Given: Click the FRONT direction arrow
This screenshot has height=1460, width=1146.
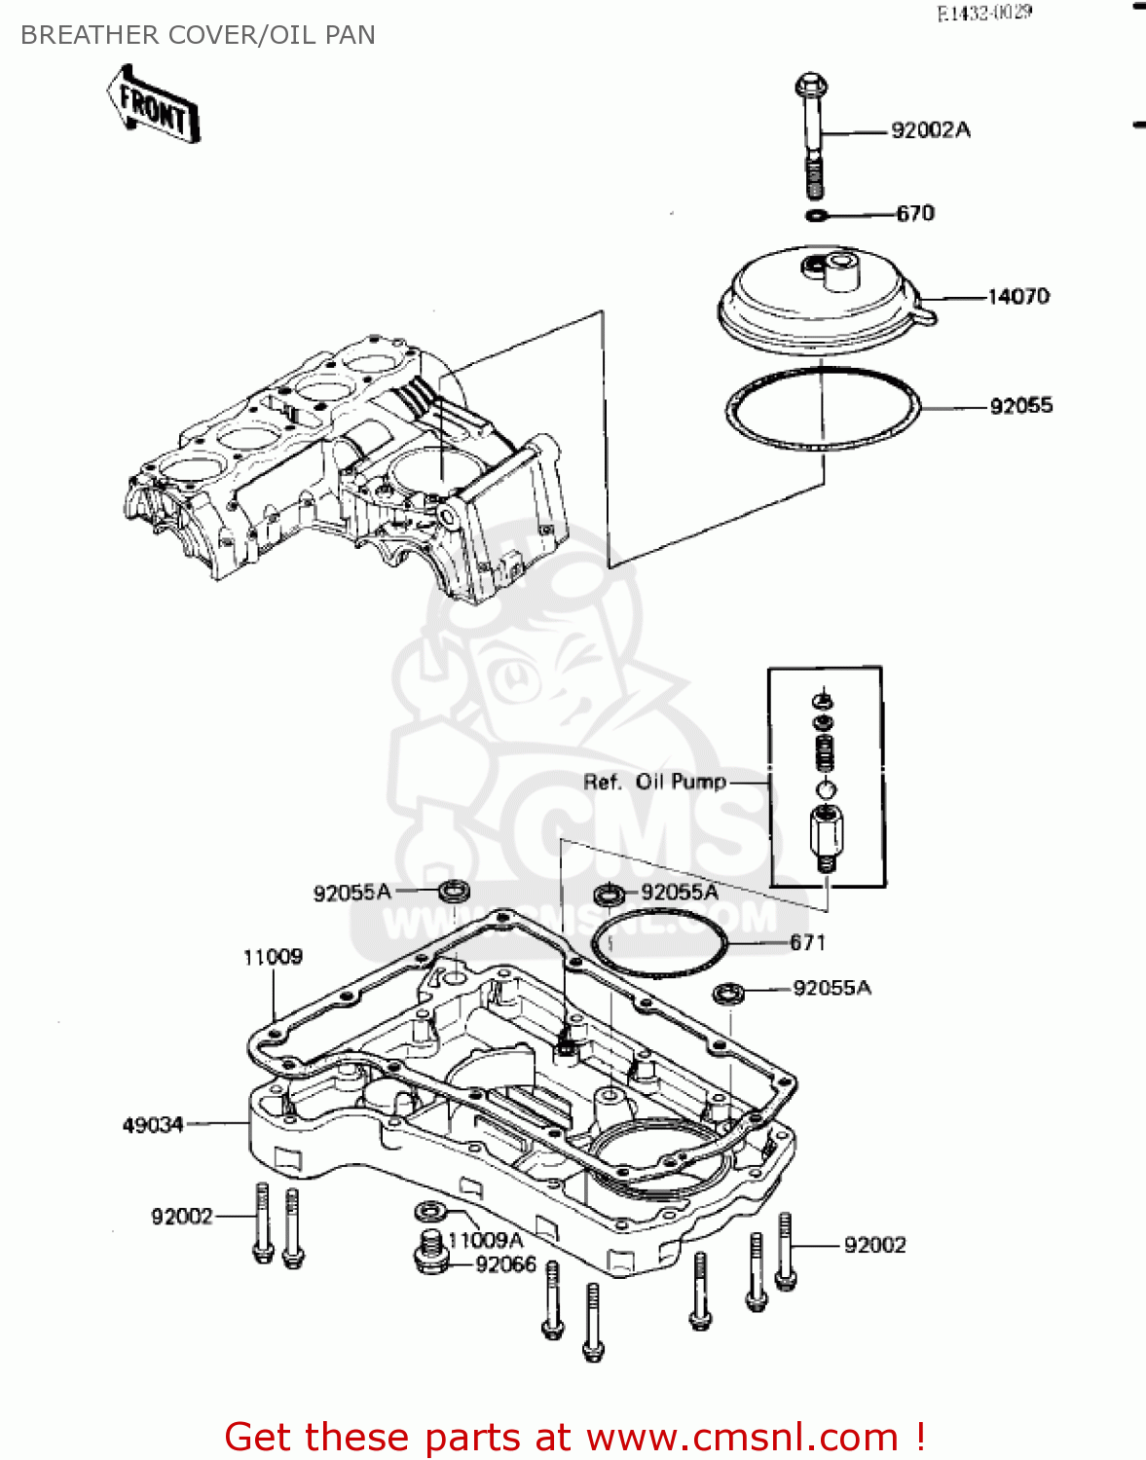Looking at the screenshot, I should click(154, 105).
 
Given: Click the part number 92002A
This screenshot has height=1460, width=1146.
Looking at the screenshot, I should click(930, 130).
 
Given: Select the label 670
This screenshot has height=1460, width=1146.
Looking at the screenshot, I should click(914, 213).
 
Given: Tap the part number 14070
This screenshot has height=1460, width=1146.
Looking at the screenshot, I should click(1017, 296).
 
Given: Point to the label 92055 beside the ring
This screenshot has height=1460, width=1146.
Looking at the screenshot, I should click(1020, 406).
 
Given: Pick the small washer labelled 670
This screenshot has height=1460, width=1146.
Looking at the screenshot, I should click(818, 214).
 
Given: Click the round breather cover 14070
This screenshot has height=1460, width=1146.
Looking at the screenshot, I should click(823, 302).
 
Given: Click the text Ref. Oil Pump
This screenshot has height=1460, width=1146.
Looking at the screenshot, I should click(654, 782).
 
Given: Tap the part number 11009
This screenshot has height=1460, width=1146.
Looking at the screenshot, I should click(273, 957).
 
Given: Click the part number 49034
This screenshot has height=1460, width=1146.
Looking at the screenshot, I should click(153, 1124).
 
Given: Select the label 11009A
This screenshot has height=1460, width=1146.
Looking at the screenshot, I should click(486, 1240).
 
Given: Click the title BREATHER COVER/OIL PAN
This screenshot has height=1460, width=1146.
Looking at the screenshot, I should click(198, 35).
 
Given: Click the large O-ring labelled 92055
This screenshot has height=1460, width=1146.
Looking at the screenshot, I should click(823, 409).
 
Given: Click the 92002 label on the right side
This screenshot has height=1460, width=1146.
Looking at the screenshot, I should click(874, 1245).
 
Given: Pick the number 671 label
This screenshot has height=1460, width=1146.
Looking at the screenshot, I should click(807, 942).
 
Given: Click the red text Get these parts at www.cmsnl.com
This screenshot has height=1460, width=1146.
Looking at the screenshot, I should click(574, 1437).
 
